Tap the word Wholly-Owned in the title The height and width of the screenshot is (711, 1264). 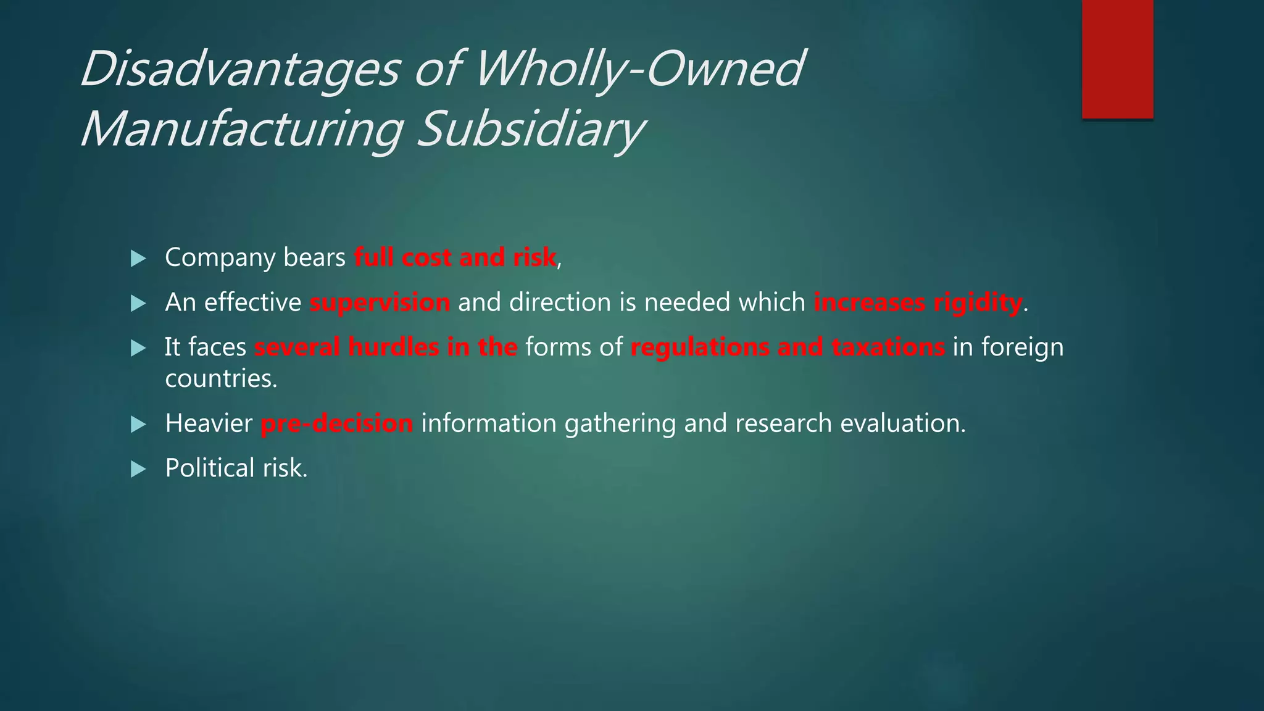click(639, 69)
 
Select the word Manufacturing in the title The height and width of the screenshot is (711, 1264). click(242, 130)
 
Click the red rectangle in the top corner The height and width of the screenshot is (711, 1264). click(1117, 59)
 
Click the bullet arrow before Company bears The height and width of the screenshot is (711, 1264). click(138, 259)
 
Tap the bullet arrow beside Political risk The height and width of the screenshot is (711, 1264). click(138, 469)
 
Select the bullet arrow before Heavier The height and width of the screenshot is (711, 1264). click(138, 424)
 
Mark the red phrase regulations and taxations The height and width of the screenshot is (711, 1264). click(788, 347)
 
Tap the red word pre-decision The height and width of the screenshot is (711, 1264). click(337, 424)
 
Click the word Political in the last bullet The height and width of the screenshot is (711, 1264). click(210, 468)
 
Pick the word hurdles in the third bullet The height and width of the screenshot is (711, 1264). click(394, 347)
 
